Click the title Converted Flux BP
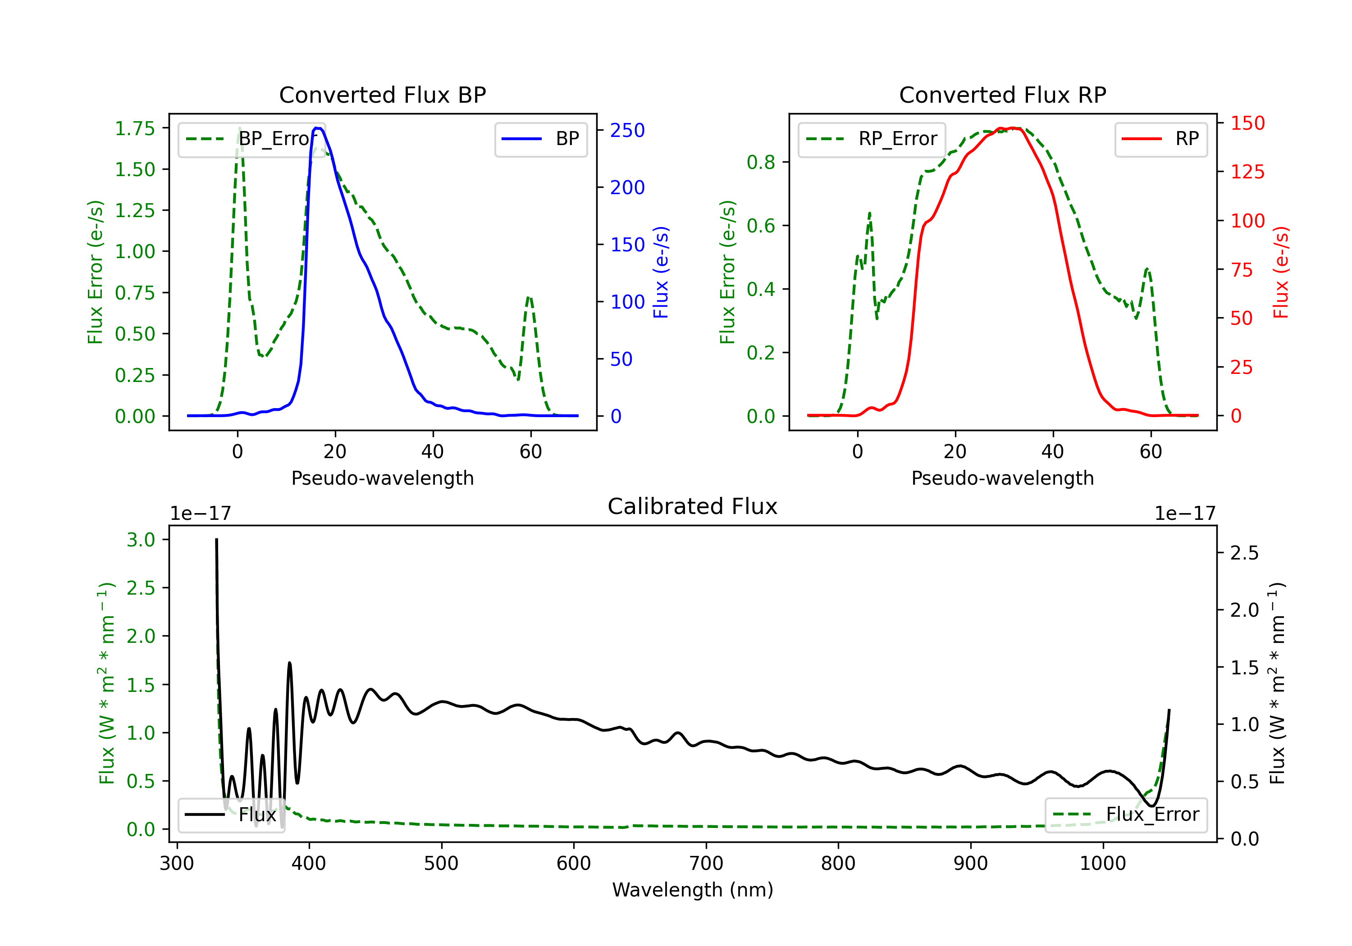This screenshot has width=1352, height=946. [382, 95]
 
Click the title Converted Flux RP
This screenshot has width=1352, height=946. [1002, 95]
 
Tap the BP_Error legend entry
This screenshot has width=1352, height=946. [251, 139]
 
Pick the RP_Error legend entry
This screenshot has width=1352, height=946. [872, 139]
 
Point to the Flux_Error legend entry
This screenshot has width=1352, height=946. [1126, 815]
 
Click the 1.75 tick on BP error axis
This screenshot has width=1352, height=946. [134, 128]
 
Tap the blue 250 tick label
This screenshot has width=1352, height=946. [627, 131]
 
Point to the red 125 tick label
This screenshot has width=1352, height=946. [1247, 172]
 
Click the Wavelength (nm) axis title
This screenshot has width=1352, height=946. [693, 890]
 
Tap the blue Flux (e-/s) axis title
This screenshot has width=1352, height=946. [661, 272]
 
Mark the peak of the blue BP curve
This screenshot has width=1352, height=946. [317, 128]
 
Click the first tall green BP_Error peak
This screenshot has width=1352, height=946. [239, 128]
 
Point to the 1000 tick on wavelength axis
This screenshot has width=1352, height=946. [1102, 864]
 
